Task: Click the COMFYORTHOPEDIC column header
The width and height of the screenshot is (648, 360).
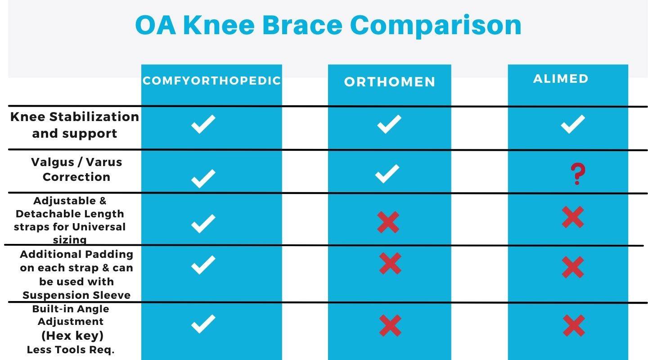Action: coord(212,81)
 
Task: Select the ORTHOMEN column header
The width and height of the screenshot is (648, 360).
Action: coord(390,82)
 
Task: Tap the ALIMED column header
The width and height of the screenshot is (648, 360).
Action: coord(561,79)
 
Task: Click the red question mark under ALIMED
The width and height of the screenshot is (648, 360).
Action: coord(578,174)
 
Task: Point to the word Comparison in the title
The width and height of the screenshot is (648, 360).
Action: coord(436,26)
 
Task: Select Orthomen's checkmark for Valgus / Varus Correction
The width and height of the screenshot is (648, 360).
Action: coord(387,174)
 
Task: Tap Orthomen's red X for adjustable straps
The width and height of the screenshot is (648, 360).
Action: coord(388,222)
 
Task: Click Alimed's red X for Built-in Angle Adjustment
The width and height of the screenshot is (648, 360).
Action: coord(574,326)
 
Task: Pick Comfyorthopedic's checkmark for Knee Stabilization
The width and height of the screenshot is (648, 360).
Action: coord(203,124)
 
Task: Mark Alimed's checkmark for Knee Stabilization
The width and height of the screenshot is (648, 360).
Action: coord(573,124)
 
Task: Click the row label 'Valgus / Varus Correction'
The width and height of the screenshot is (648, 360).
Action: coord(76,170)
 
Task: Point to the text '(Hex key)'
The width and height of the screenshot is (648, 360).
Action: coord(72,336)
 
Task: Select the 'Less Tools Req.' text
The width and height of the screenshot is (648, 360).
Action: coord(71,350)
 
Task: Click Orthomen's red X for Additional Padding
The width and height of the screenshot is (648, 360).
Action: coord(390,263)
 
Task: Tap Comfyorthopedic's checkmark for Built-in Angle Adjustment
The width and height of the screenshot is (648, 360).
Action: coord(203,324)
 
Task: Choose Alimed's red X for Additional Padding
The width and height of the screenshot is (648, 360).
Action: coord(573,267)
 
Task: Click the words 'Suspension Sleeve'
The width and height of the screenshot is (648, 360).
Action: coord(76,295)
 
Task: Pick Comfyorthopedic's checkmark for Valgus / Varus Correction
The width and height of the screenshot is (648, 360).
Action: coord(203,179)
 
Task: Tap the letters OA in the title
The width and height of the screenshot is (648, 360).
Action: coord(156,25)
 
